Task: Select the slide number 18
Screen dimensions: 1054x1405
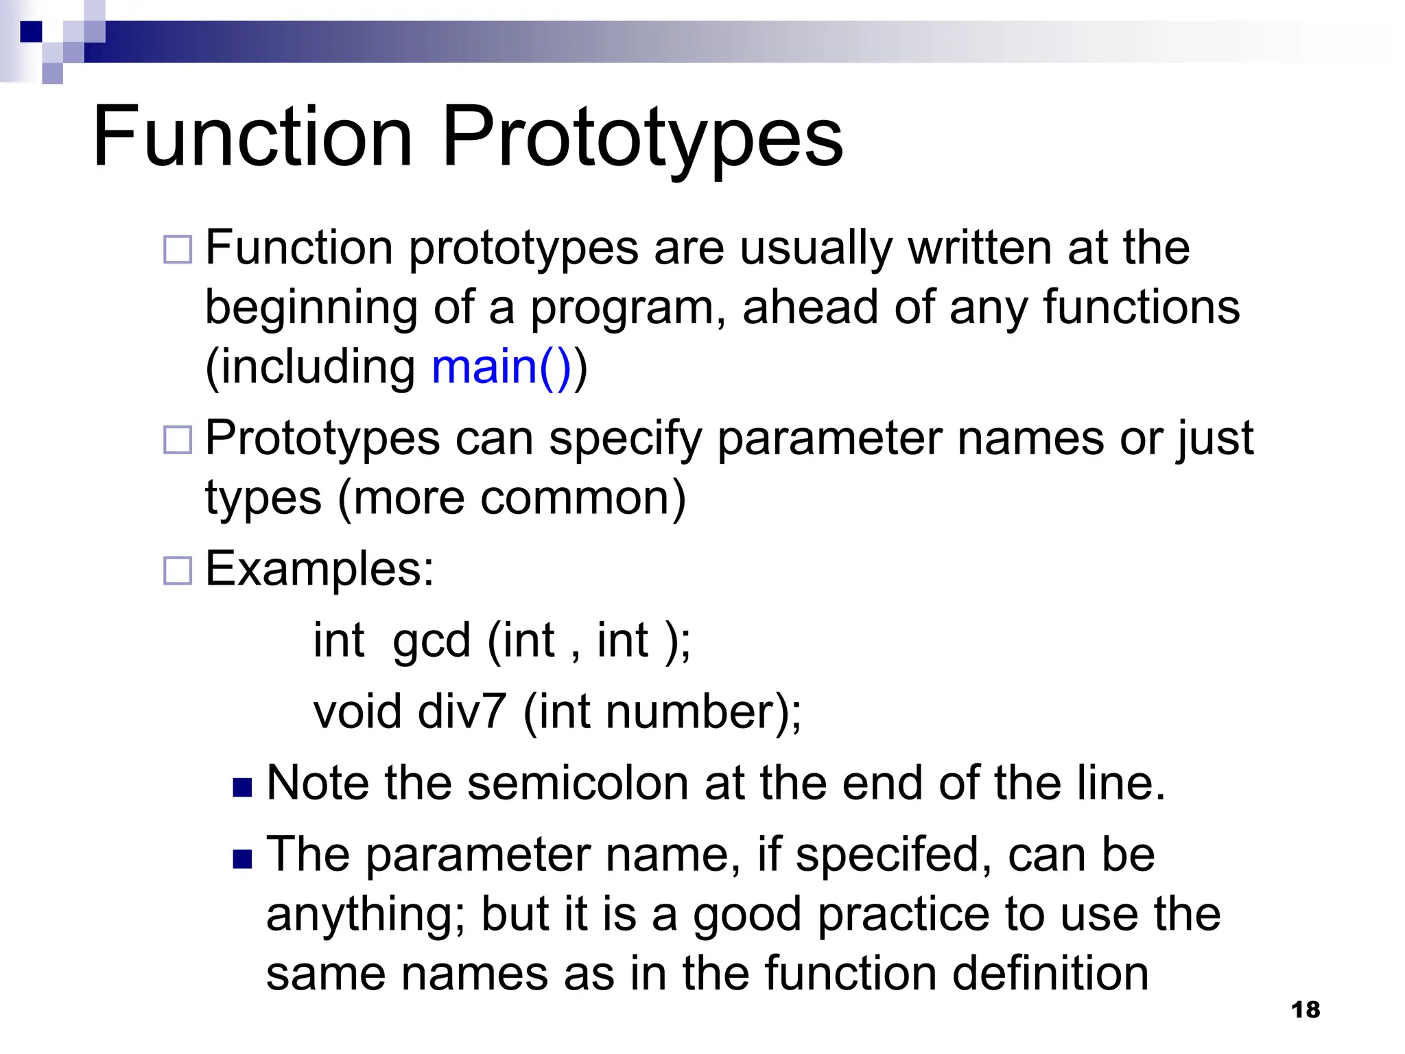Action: point(1305,1009)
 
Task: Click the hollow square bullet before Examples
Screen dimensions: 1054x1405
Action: point(178,570)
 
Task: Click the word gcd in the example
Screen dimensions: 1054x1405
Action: point(431,641)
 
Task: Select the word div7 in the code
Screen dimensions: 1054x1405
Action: point(461,712)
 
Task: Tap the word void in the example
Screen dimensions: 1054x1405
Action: point(357,712)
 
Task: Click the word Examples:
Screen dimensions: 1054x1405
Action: point(320,570)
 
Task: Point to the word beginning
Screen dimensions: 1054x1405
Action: point(311,307)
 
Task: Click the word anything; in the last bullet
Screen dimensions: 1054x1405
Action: point(366,915)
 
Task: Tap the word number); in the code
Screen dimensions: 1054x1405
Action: point(703,712)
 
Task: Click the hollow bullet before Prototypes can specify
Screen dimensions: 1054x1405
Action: point(178,440)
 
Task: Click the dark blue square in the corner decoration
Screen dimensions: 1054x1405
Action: point(31,32)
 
